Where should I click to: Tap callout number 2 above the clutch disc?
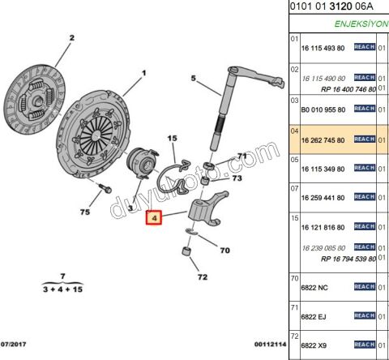tap(71, 38)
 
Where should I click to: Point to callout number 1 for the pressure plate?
tap(144, 74)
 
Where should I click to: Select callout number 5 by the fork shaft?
tap(194, 79)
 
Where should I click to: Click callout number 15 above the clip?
tap(172, 139)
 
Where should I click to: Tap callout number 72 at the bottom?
tap(202, 277)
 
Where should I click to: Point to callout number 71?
tap(239, 154)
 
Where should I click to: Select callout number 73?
tap(237, 178)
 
